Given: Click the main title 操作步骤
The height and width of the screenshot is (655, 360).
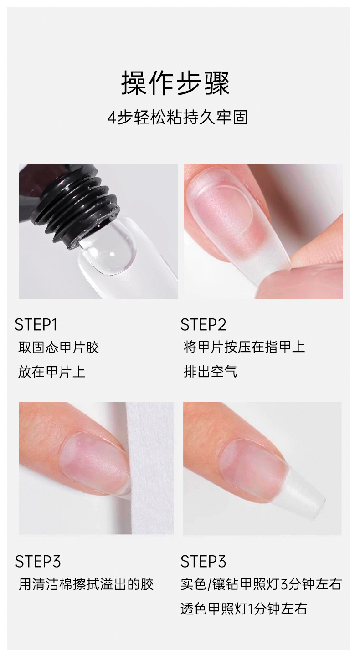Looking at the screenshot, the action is (x=175, y=83).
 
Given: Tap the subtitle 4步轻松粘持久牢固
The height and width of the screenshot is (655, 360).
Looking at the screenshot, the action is (x=178, y=118).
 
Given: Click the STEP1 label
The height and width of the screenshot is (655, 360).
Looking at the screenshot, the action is (x=36, y=325).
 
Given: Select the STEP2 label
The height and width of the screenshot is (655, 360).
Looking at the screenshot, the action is (x=203, y=325).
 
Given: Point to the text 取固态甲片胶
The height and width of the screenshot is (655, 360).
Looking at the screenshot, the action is (x=59, y=348).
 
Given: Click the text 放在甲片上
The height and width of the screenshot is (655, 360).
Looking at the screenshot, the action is (x=52, y=372).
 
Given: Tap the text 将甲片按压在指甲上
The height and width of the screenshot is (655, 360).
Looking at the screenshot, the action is (x=245, y=347).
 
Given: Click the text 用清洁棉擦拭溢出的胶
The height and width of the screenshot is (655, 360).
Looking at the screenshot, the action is (x=86, y=584).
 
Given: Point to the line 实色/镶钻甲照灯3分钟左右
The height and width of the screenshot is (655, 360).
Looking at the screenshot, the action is (x=261, y=584).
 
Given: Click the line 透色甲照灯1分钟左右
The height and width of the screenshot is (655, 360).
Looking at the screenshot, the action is (x=244, y=609).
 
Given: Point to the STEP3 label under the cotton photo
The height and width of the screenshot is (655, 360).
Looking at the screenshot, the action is (x=38, y=562).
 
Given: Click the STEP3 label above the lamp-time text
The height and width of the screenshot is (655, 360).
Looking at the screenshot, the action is (x=203, y=562).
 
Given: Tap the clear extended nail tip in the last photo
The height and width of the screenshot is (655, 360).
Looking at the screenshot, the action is (x=304, y=494).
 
